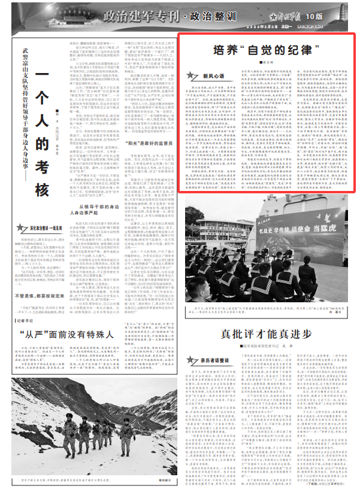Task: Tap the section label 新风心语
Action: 214,76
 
